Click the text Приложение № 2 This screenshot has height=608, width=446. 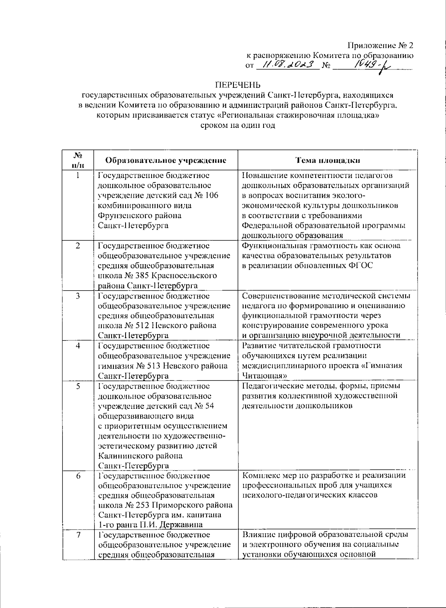[380, 46]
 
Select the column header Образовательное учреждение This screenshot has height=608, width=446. [166, 160]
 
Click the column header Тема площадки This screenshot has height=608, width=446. [327, 160]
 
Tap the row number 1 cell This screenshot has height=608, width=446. [78, 175]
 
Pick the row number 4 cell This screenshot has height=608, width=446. [78, 346]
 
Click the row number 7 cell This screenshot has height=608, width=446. [78, 535]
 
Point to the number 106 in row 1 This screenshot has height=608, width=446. [210, 195]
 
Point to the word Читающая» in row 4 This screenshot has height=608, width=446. [264, 376]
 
